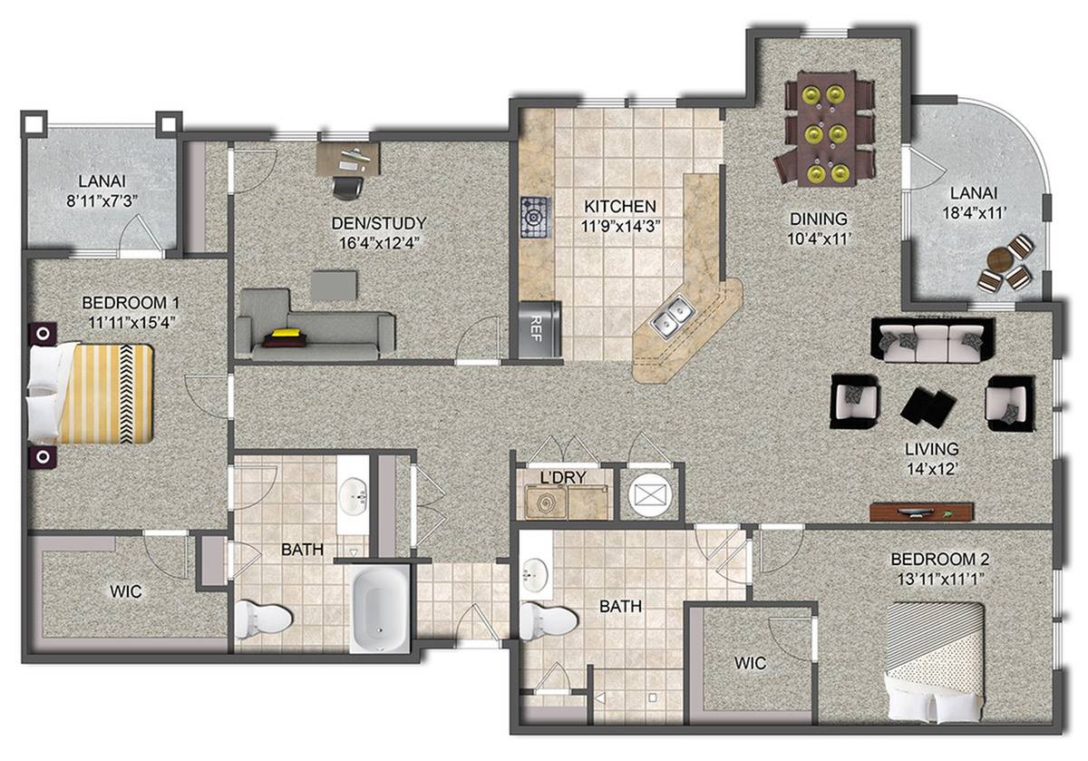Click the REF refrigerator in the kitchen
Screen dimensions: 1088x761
540,330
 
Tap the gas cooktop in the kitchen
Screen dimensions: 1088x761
535,217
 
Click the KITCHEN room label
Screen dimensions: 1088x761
619,206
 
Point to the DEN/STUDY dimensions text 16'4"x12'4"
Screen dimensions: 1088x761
379,242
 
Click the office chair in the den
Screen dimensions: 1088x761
348,187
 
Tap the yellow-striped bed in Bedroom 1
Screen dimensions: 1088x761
90,393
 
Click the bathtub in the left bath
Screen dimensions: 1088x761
379,609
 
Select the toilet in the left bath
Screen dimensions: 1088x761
263,620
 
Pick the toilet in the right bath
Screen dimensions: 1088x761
548,620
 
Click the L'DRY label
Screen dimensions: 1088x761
563,477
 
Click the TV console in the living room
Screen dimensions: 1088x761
921,512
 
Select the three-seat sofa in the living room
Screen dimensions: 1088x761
932,340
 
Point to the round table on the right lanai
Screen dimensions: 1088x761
999,260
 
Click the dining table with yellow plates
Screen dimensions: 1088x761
827,129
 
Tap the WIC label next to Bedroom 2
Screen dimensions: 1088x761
751,663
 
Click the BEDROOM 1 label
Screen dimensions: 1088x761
131,303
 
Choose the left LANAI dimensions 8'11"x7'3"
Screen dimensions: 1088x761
102,200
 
